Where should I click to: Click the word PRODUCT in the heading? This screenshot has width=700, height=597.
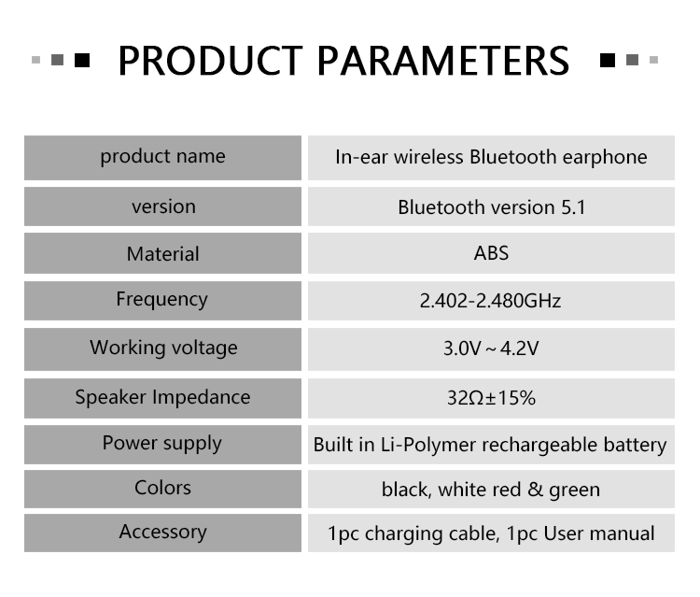(x=210, y=61)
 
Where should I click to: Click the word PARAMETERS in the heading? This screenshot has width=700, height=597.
(x=443, y=61)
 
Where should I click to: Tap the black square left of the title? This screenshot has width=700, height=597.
(x=82, y=60)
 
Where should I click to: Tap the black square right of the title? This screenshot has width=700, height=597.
(x=608, y=60)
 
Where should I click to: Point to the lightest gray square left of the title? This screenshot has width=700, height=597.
(x=36, y=60)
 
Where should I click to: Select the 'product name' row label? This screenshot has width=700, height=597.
(x=163, y=157)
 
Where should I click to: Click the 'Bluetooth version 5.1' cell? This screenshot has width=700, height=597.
(x=492, y=206)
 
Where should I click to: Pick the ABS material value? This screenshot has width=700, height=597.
(x=491, y=253)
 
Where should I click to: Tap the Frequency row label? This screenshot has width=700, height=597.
(x=162, y=300)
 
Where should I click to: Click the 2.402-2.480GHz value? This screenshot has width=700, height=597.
(x=490, y=301)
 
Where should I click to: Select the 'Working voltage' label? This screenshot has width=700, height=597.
(x=164, y=348)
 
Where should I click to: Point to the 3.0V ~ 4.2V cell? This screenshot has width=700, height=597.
(x=491, y=348)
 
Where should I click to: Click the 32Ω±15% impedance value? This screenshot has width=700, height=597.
(x=491, y=398)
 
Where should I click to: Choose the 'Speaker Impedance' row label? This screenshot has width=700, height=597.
(x=163, y=398)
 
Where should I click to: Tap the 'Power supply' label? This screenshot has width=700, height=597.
(x=162, y=444)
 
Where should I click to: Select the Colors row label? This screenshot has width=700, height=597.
(x=163, y=488)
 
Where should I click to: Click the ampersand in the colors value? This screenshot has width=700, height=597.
(x=535, y=490)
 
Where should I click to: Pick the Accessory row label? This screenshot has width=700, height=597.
(x=163, y=533)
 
